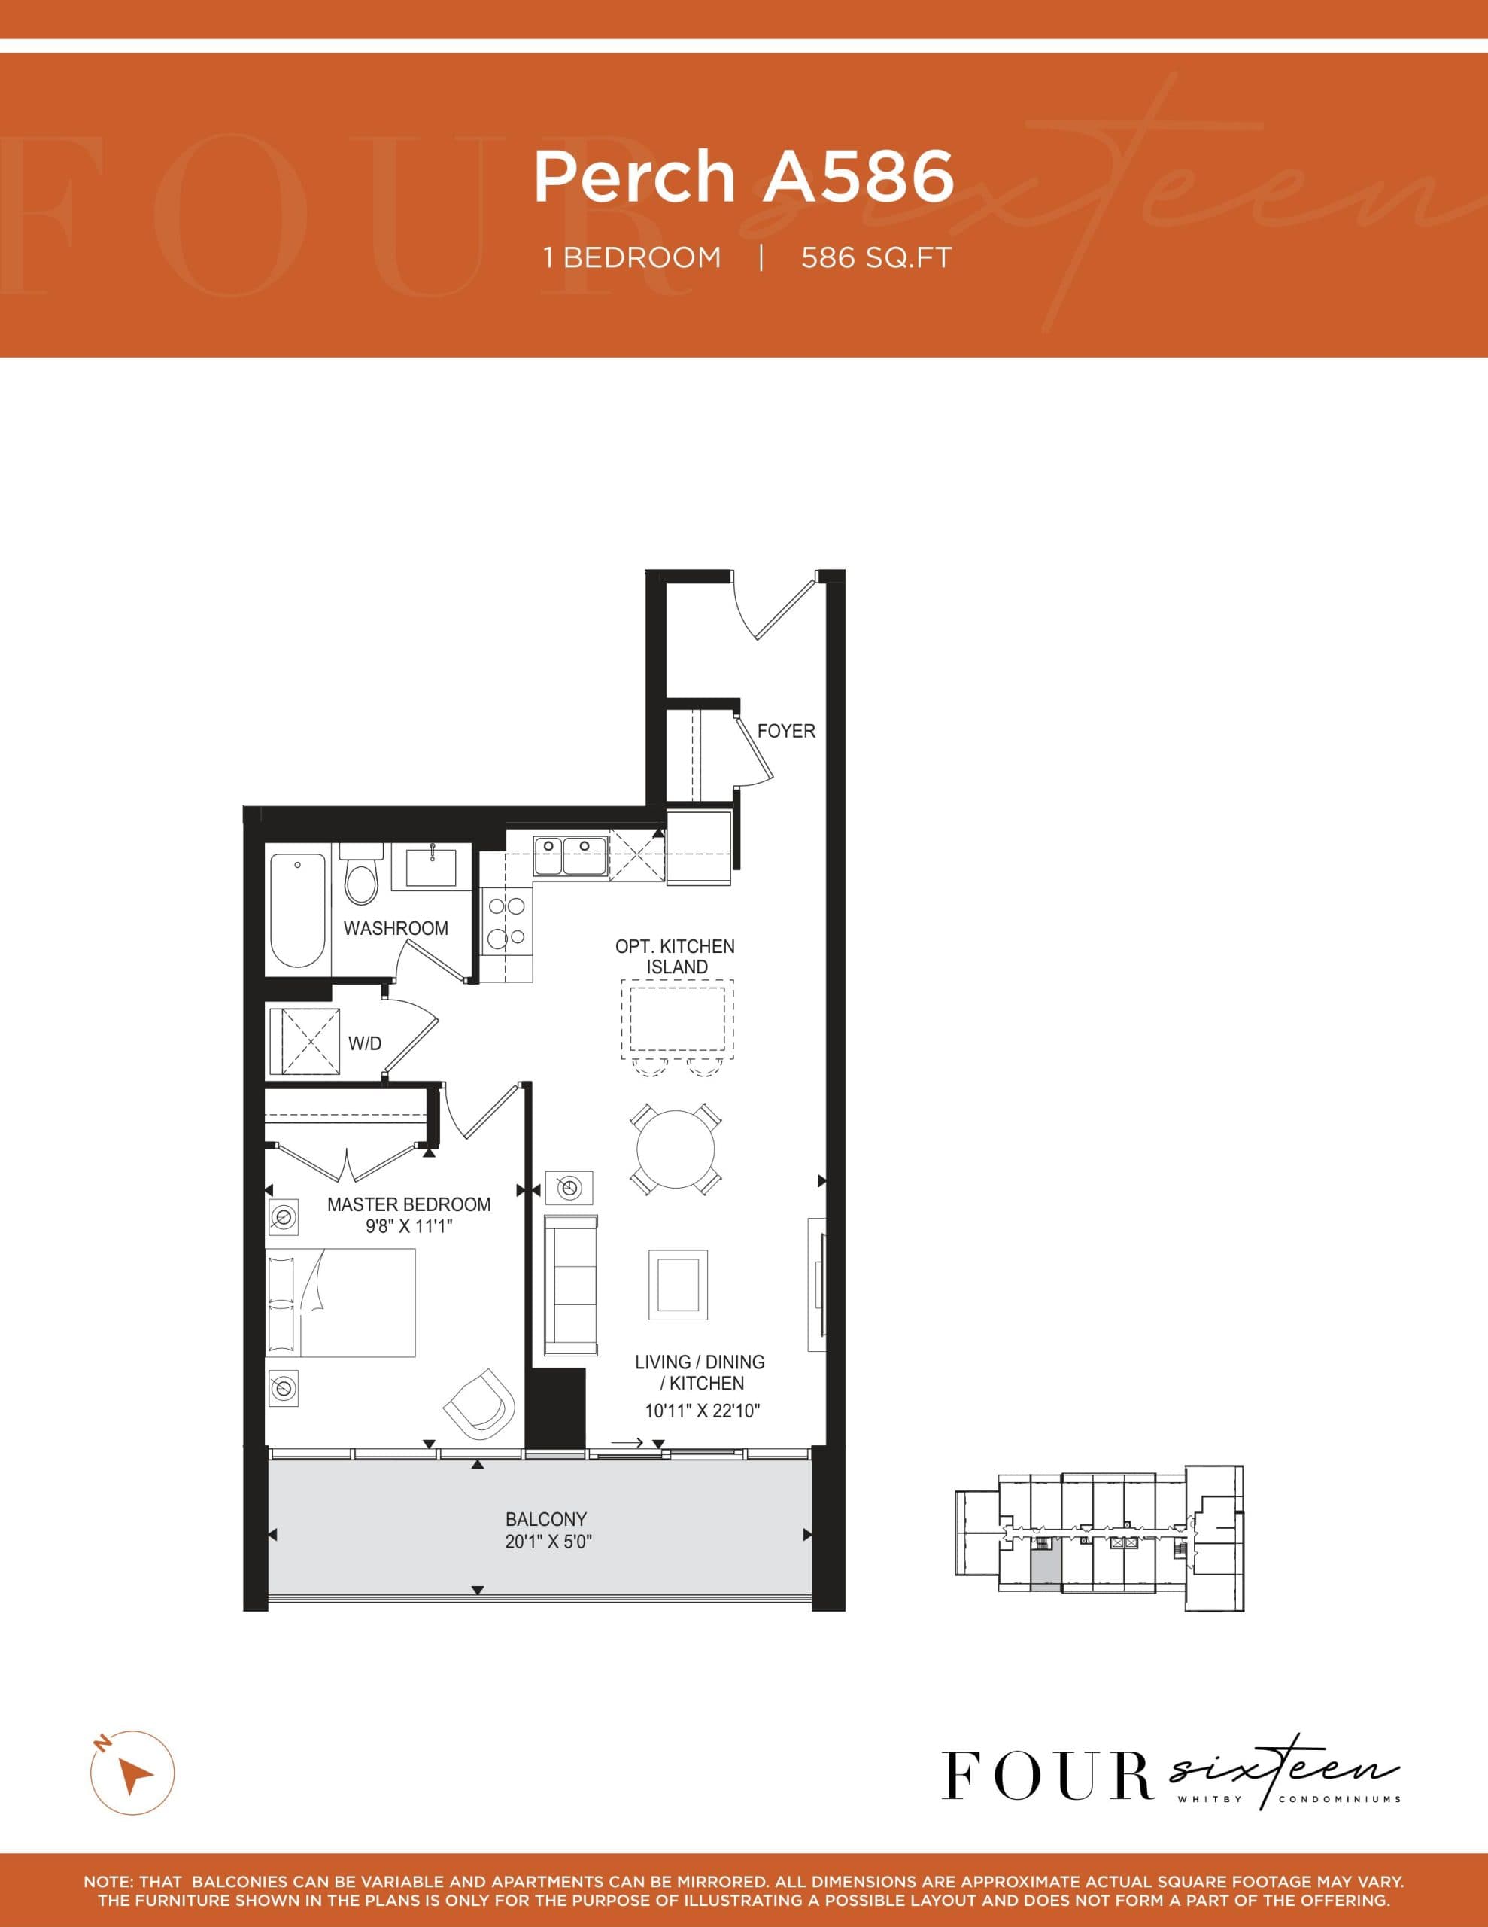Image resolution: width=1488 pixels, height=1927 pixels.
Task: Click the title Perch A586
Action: point(743,176)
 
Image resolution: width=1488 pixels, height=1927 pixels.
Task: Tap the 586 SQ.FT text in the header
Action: point(876,257)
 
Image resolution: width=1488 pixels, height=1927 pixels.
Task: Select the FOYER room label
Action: point(786,731)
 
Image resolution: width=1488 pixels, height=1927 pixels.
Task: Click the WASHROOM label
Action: point(395,928)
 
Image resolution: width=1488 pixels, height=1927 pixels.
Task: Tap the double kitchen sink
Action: point(569,856)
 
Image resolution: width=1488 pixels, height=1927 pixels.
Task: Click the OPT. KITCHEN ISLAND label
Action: point(675,957)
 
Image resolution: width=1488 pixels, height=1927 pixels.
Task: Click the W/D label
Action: point(364,1044)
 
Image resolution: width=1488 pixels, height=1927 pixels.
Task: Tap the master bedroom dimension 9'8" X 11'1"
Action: point(408,1225)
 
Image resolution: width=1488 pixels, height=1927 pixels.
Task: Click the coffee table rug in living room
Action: point(677,1285)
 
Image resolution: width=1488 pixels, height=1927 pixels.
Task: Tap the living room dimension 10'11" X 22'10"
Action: point(702,1411)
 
